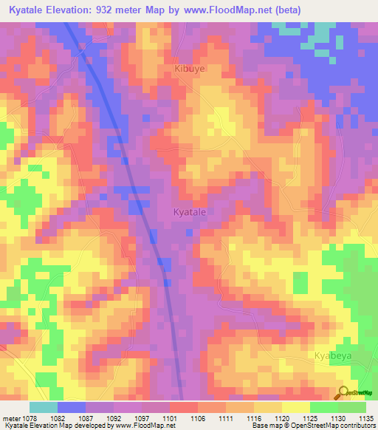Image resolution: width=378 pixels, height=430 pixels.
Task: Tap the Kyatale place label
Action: pos(189,212)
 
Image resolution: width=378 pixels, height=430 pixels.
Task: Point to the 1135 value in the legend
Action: pos(365,418)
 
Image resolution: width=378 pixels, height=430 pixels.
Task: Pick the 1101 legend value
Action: pos(169,418)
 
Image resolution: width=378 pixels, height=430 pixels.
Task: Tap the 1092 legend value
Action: pos(113,418)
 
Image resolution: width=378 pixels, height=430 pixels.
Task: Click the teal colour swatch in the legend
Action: pos(43,407)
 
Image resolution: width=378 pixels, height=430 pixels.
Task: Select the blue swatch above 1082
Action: pos(72,407)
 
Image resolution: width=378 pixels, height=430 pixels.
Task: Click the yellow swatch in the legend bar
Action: pos(296,407)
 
